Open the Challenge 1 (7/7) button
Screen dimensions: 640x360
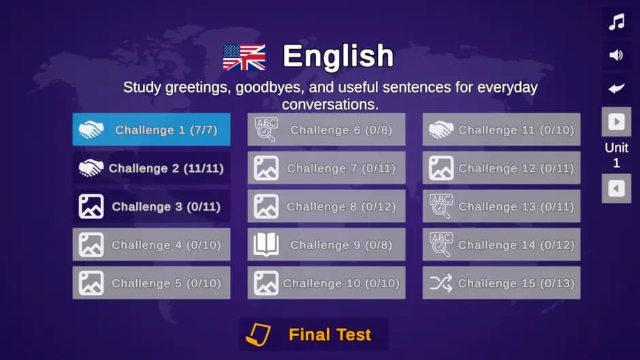(151, 129)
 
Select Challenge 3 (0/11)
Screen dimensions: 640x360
(151, 206)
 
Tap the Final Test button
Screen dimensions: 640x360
(314, 335)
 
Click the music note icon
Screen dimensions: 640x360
(616, 22)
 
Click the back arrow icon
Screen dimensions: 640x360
(616, 88)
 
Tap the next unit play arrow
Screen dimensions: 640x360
(616, 122)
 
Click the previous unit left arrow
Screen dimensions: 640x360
(616, 189)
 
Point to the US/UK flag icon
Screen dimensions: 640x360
(244, 57)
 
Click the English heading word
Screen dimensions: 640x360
(338, 56)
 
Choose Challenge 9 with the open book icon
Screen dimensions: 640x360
(327, 244)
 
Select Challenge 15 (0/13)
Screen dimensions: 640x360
(502, 283)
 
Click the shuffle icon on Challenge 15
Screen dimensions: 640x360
(441, 283)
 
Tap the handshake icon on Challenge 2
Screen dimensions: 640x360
(91, 168)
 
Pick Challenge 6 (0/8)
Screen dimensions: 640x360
(327, 129)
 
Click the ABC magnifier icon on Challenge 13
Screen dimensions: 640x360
(441, 206)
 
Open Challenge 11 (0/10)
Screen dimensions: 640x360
(502, 129)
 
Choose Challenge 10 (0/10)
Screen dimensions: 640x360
(327, 283)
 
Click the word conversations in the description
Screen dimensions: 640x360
(330, 105)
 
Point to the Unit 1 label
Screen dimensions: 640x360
(616, 155)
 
